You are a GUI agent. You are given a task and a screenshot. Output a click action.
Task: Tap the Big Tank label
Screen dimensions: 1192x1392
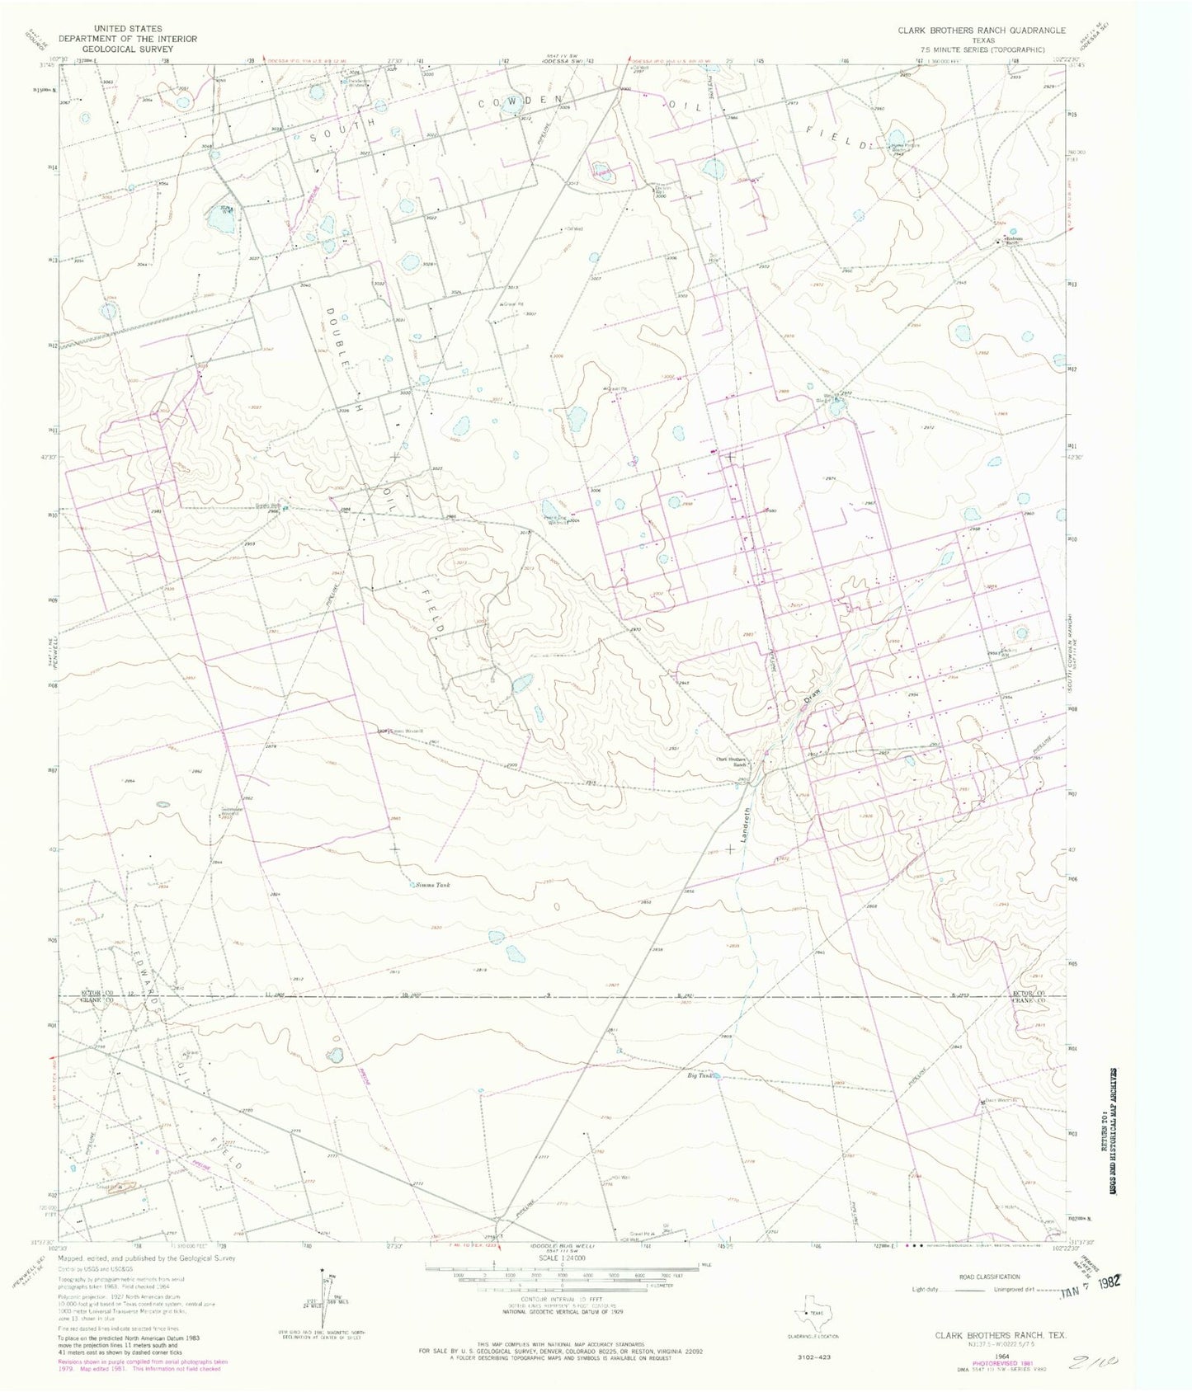tap(699, 1075)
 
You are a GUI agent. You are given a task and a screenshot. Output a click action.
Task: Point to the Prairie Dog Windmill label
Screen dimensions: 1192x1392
tap(558, 520)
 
